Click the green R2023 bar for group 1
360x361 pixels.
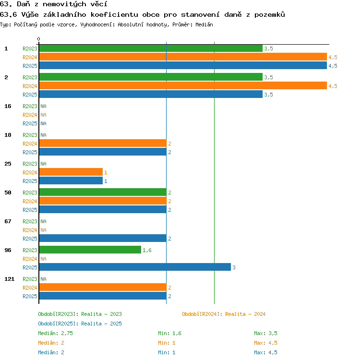click(151, 48)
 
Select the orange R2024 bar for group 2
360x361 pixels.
click(183, 85)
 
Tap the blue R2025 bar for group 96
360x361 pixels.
click(135, 267)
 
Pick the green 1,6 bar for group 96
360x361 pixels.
click(90, 250)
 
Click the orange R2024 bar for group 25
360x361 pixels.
click(71, 172)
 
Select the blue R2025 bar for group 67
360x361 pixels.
click(103, 238)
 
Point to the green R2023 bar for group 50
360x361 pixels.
click(103, 192)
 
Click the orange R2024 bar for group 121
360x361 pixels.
click(103, 288)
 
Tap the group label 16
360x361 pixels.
click(8, 106)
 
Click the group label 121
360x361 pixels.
click(10, 279)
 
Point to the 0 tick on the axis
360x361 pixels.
click(39, 39)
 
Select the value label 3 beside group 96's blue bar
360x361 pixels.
click(234, 267)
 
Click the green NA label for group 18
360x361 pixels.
click(43, 135)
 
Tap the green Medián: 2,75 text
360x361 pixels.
click(56, 333)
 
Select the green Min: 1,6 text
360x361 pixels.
click(169, 333)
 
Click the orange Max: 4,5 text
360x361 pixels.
click(265, 343)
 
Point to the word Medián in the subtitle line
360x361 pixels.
click(204, 24)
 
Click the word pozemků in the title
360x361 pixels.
click(270, 15)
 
